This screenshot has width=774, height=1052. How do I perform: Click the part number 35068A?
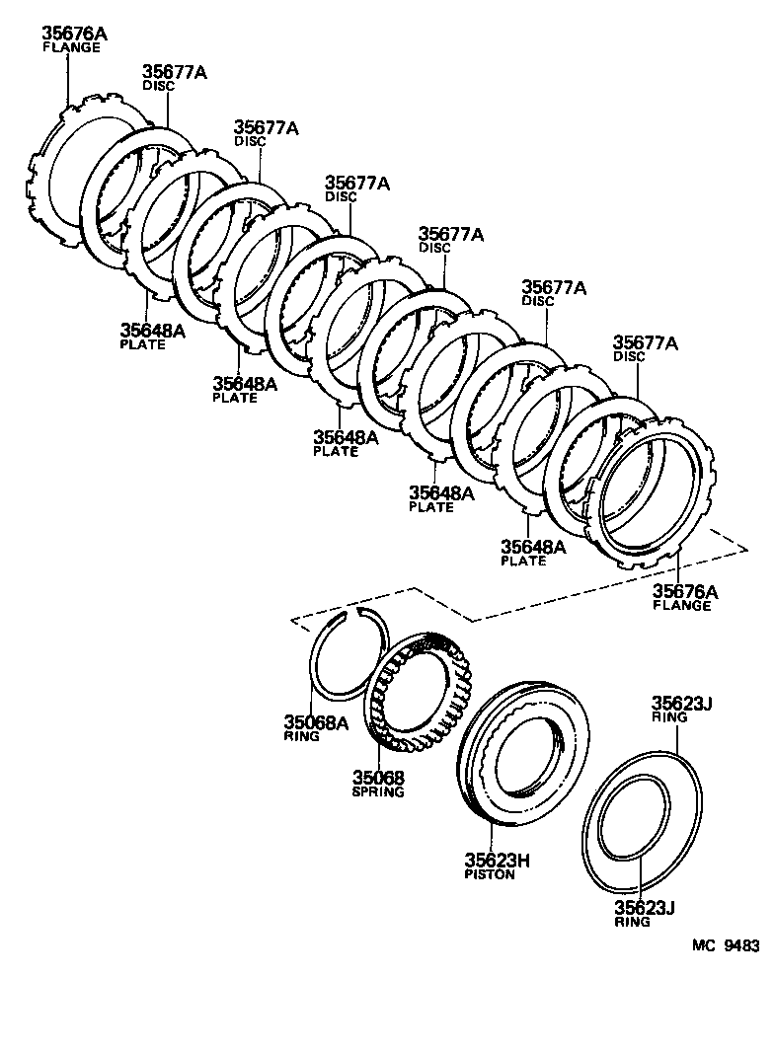coord(316,722)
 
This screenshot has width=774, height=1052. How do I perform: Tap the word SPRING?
coord(378,792)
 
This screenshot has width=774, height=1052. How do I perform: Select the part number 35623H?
coord(498,861)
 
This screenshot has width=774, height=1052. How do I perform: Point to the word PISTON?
coord(490,875)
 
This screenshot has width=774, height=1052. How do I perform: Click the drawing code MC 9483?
coord(726,944)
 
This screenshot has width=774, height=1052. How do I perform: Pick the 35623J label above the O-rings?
coord(681,704)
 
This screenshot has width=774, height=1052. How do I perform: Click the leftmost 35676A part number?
coord(74,35)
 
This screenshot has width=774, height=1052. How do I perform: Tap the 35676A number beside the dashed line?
coord(685,591)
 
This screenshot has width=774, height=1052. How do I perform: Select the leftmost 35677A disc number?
coord(174,72)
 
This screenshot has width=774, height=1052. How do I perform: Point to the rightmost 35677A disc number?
coord(646,342)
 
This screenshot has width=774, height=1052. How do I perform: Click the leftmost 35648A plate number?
coord(152,331)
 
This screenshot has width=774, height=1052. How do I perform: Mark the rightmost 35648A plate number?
coord(533,547)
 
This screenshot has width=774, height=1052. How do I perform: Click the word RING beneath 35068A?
coord(301,736)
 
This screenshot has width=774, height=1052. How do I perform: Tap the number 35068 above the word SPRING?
coord(379,778)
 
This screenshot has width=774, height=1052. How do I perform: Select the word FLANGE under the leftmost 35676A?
coord(71,48)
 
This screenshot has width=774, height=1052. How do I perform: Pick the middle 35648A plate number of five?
coord(346,436)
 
